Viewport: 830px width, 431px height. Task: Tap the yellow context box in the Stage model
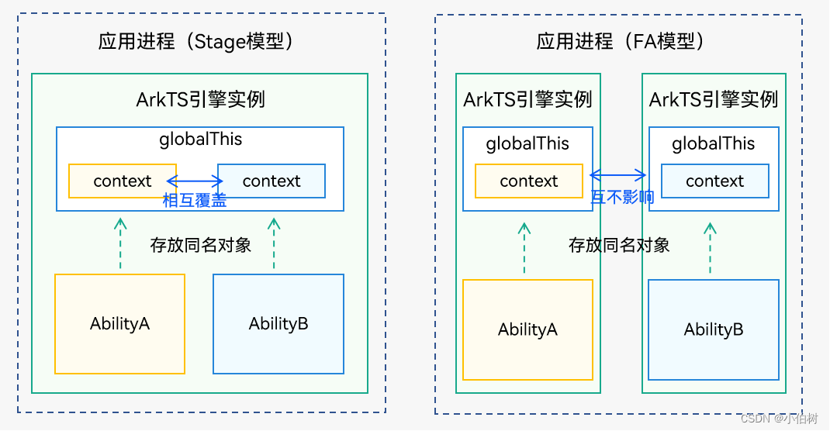pyautogui.click(x=122, y=181)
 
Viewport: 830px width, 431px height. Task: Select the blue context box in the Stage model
pyautogui.click(x=271, y=181)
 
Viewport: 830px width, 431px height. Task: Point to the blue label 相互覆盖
pyautogui.click(x=195, y=200)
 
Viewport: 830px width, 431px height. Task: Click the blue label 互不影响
pyautogui.click(x=622, y=197)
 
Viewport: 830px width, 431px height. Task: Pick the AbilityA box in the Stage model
pyautogui.click(x=119, y=324)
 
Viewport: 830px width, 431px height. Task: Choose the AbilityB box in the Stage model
pyautogui.click(x=278, y=324)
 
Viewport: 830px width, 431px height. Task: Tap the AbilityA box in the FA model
pyautogui.click(x=527, y=329)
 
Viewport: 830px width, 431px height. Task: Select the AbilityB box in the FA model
pyautogui.click(x=714, y=329)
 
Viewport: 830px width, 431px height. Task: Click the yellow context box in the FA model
pyautogui.click(x=528, y=181)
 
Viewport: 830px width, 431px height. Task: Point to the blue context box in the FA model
pyautogui.click(x=714, y=181)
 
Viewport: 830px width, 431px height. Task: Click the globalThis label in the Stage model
pyautogui.click(x=201, y=140)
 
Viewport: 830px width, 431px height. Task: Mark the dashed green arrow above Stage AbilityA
pyautogui.click(x=119, y=243)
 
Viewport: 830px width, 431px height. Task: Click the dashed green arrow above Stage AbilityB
pyautogui.click(x=273, y=243)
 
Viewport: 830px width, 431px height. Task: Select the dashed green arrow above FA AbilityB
pyautogui.click(x=710, y=248)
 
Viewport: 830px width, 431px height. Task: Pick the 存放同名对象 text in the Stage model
pyautogui.click(x=201, y=245)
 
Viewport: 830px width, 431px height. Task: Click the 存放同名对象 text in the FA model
pyautogui.click(x=619, y=246)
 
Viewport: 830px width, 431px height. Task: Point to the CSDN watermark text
pyautogui.click(x=779, y=419)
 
